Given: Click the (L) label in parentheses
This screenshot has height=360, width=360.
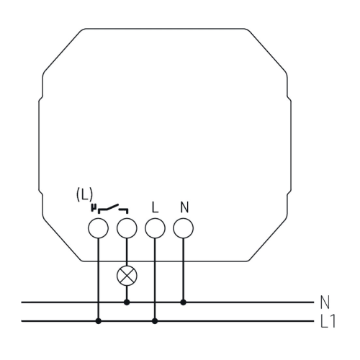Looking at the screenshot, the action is pos(84,194).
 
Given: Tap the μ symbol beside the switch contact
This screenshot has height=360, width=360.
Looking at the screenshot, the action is pos(94,208).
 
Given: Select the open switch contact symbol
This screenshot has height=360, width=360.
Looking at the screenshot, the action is pos(113,209).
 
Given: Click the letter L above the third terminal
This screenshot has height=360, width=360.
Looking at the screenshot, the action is pos(156,207).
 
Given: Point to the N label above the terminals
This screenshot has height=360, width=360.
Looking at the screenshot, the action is pos(184,207).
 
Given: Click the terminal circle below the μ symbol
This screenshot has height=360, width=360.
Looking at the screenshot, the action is pos(99,228).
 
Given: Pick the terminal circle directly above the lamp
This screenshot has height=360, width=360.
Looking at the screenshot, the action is pos(127,228).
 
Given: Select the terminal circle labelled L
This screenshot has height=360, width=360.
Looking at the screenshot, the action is pos(155,228).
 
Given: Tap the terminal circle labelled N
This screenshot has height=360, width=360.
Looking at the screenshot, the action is pos(184,228).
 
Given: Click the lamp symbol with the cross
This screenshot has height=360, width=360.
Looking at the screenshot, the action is pos(127,276).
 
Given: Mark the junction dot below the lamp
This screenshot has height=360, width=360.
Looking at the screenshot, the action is pos(127,302).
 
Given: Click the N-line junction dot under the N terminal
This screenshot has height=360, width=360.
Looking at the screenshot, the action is pos(184,302).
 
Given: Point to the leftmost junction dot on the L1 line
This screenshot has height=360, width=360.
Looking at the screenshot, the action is pos(99,321).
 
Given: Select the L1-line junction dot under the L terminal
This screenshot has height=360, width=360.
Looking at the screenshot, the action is pos(155,321).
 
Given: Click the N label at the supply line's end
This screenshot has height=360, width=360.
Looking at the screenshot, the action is pos(325,302).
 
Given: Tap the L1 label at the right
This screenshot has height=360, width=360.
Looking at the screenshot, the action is pos(328,321).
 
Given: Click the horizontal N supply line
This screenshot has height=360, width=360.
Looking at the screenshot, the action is pos(168,302).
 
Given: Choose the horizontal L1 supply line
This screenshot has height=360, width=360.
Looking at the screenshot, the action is pos(168,321).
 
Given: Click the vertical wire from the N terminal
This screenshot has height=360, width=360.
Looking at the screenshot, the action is pos(184,270).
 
